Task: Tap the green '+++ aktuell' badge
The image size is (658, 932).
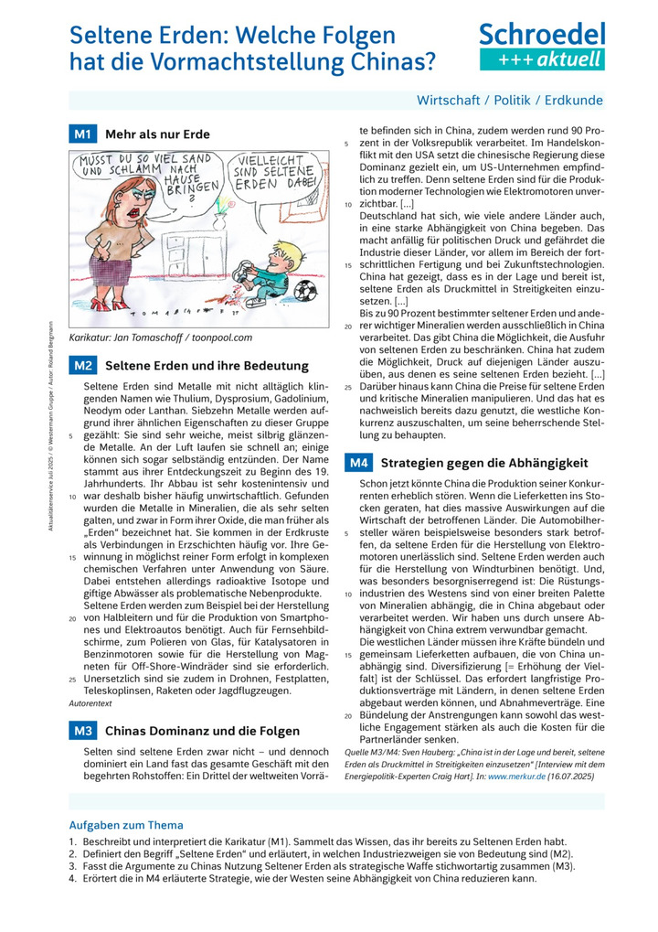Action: pos(542,59)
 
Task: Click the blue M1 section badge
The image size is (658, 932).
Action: pos(82,134)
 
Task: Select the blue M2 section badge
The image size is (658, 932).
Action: pos(82,366)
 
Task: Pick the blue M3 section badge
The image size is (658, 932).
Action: pos(82,731)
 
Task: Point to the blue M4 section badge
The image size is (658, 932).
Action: pos(357,463)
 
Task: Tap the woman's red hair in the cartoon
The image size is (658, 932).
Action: pos(126,194)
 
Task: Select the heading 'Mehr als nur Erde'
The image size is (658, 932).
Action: pos(157,134)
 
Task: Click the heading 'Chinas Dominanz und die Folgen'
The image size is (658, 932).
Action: pos(202,731)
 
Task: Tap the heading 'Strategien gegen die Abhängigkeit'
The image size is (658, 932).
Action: pos(483,463)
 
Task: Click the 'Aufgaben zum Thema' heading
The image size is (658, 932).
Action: pos(126,825)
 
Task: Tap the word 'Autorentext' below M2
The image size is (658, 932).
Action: pos(90,703)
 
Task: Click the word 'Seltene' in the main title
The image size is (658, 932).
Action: pos(115,36)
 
